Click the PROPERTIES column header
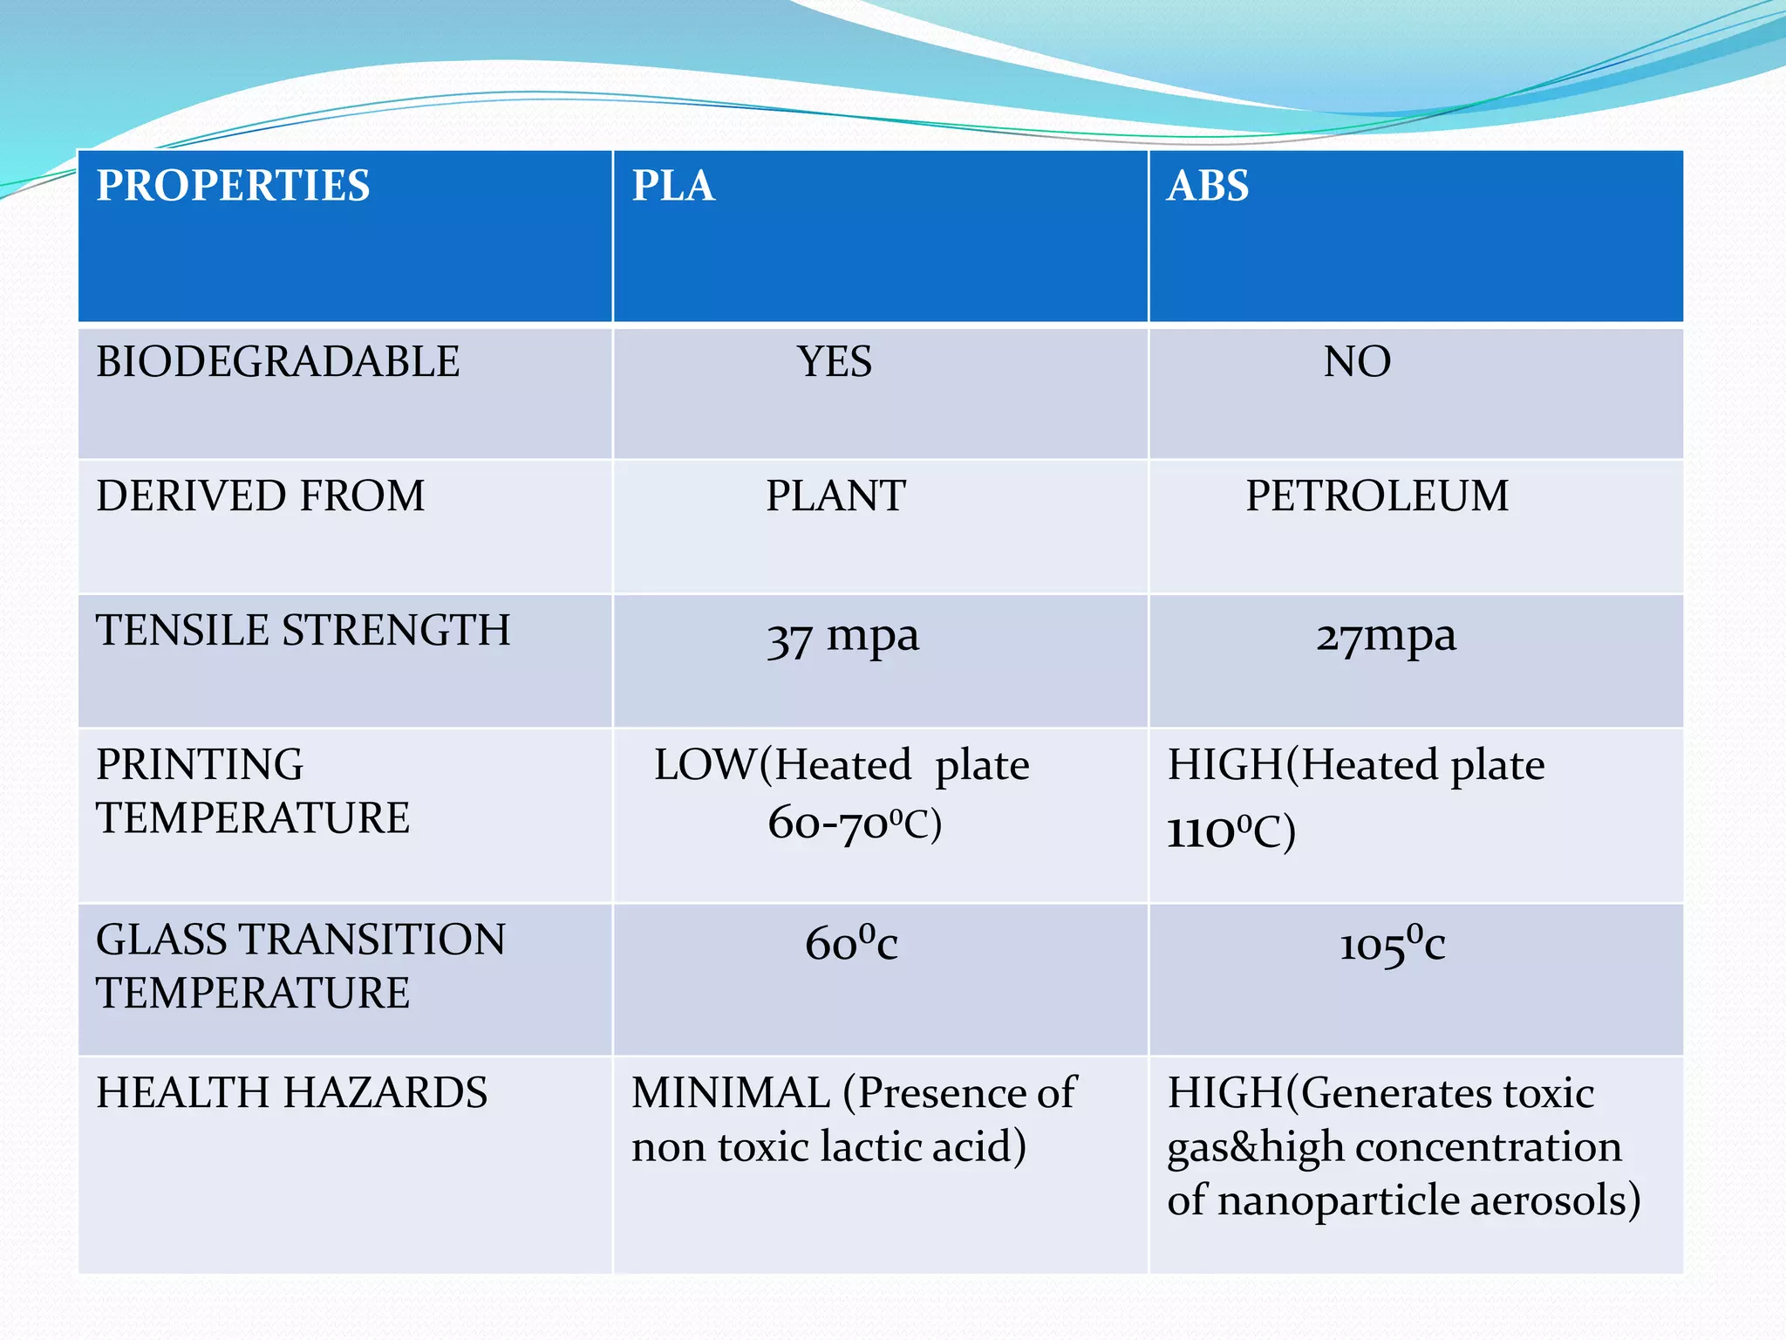coord(233,186)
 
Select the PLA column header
coord(673,186)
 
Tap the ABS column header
coord(1208,186)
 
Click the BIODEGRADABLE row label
coord(277,362)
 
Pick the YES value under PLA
coord(834,362)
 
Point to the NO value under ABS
coord(1357,362)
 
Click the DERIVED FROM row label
coord(260,496)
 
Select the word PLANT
coord(835,496)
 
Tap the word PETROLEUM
coord(1377,496)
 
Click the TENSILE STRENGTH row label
coord(303,631)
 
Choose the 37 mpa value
coord(842,638)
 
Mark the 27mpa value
coord(1386,638)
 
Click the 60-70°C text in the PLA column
coord(855,824)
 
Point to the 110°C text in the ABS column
coord(1231,831)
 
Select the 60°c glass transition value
coord(851,944)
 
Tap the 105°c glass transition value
coord(1392,945)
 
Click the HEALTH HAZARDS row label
coord(291,1093)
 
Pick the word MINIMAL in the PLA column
coord(731,1093)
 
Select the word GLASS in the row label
coord(162,940)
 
